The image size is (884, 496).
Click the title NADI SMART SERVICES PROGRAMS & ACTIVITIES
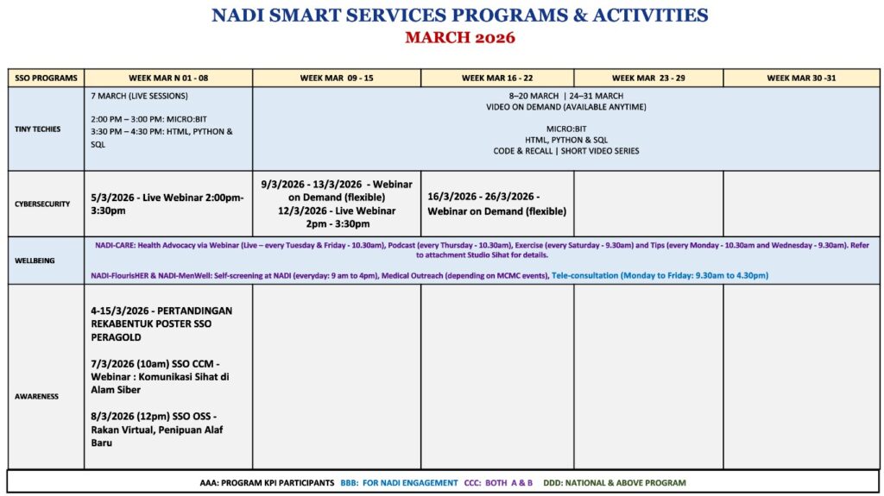pyautogui.click(x=459, y=16)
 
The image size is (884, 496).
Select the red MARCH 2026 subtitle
pyautogui.click(x=459, y=37)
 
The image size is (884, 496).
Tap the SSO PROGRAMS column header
pyautogui.click(x=46, y=78)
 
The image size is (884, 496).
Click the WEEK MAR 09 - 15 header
pyautogui.click(x=337, y=78)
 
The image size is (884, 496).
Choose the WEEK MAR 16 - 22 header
pyautogui.click(x=497, y=78)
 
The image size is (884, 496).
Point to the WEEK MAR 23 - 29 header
pyautogui.click(x=648, y=78)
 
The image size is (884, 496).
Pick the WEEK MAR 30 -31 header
pyautogui.click(x=801, y=78)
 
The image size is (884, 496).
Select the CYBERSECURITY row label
pyautogui.click(x=42, y=204)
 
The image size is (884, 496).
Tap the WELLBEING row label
pyautogui.click(x=35, y=261)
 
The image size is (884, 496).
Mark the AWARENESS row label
pyautogui.click(x=36, y=397)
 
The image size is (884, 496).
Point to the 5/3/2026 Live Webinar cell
pyautogui.click(x=167, y=204)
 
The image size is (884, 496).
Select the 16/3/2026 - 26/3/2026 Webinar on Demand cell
pyautogui.click(x=496, y=204)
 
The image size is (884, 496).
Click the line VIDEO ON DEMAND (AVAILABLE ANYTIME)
pyautogui.click(x=565, y=107)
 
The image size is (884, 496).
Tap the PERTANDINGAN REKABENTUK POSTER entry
pyautogui.click(x=161, y=323)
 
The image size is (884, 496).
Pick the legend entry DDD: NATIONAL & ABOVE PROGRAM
pyautogui.click(x=614, y=483)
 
